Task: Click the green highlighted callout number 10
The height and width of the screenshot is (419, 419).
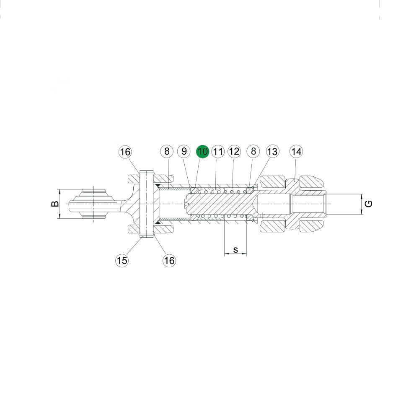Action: (x=202, y=152)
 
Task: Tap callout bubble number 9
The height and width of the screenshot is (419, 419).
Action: (x=184, y=152)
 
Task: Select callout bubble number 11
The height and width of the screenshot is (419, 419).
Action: (x=218, y=152)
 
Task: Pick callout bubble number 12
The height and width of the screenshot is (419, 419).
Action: (x=234, y=152)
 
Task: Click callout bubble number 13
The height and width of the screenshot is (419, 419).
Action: (x=272, y=152)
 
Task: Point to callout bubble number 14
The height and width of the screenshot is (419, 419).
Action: (x=296, y=152)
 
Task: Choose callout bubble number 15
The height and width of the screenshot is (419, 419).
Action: (x=122, y=260)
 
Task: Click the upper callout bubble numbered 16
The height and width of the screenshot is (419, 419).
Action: (x=125, y=152)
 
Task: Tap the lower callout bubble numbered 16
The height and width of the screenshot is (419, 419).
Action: (x=169, y=260)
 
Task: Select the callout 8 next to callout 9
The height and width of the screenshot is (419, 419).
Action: (x=167, y=152)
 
